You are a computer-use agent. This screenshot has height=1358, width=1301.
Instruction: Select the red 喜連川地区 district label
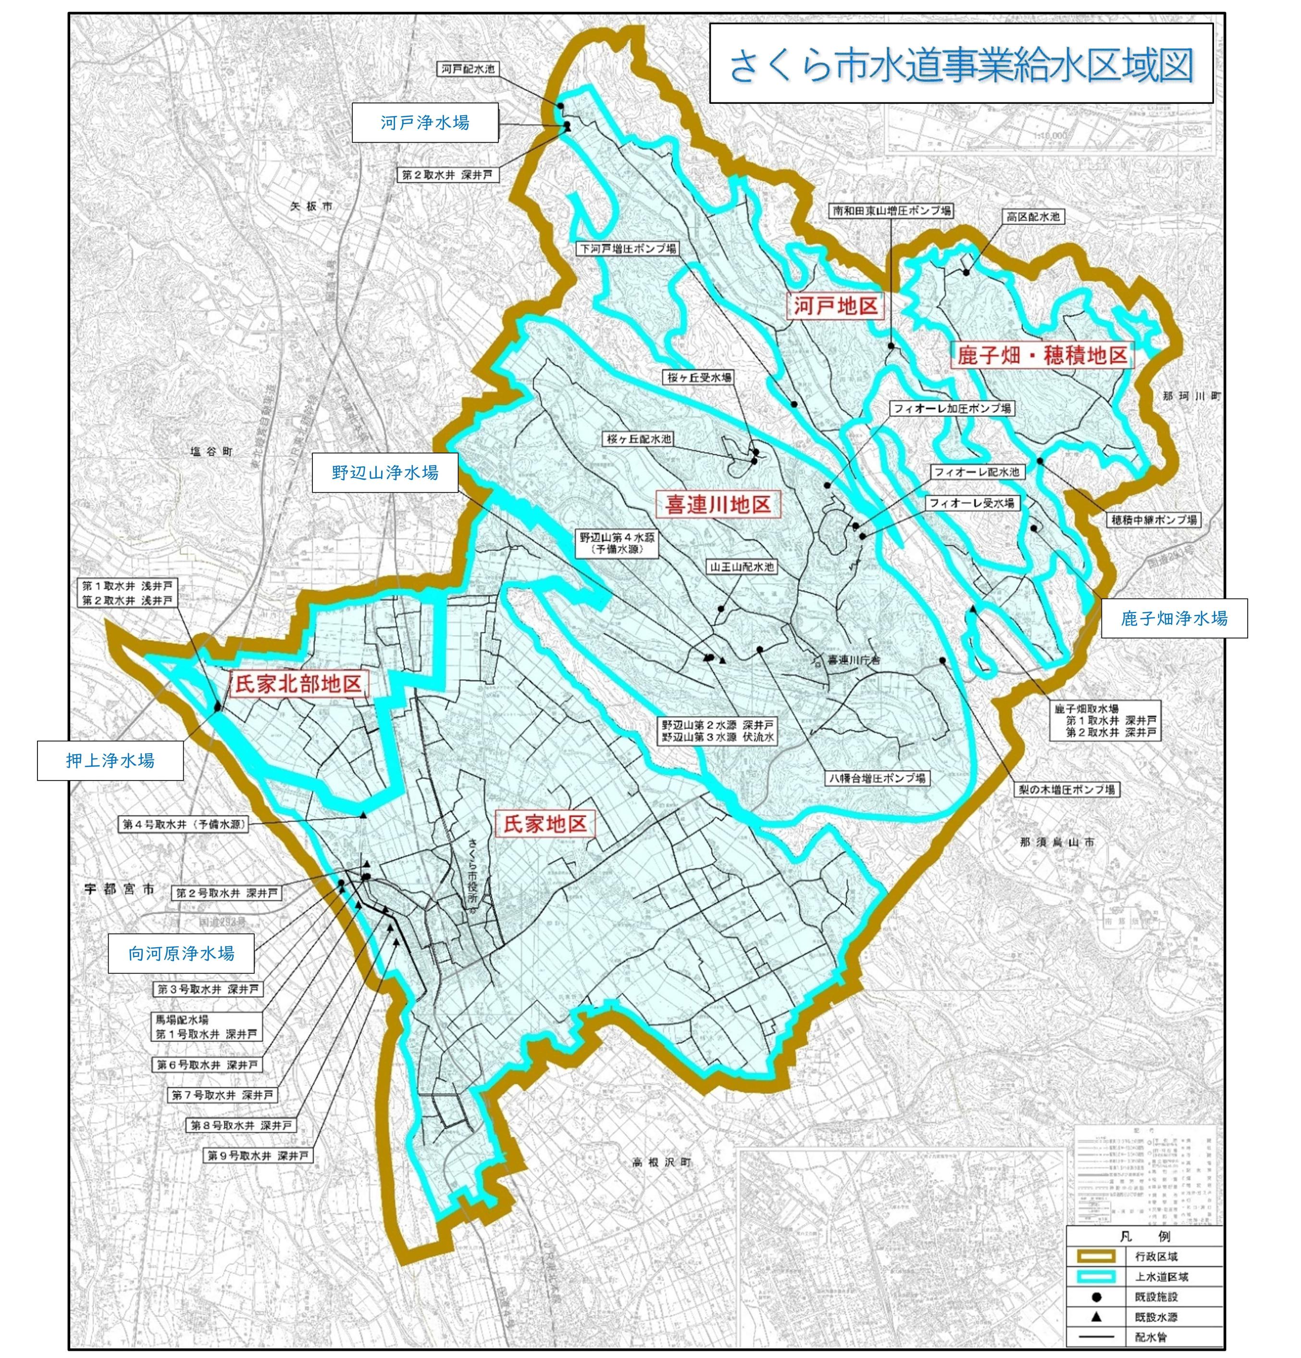coord(718,504)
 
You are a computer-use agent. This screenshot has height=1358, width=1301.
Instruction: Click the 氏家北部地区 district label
coord(298,685)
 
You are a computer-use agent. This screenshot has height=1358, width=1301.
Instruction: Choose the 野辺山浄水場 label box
coord(384,473)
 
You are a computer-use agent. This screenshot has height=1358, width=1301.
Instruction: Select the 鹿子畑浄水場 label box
coord(1174,618)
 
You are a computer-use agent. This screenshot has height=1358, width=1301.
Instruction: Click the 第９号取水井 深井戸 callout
coord(257,1156)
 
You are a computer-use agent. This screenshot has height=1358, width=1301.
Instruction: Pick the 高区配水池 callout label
coord(1033,217)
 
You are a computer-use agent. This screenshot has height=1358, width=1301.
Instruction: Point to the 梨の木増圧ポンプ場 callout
coord(1066,789)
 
